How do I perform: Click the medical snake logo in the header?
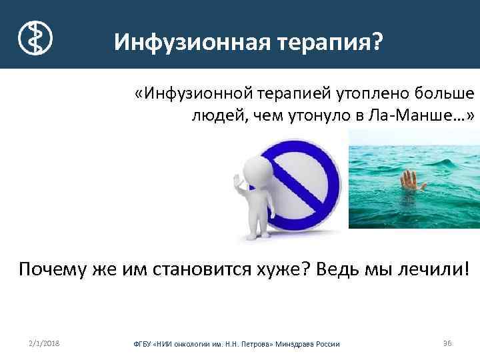coord(34,37)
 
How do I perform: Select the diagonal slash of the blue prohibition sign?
coord(303,181)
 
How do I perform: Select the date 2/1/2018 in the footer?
coord(44,343)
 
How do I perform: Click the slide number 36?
coord(447,343)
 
